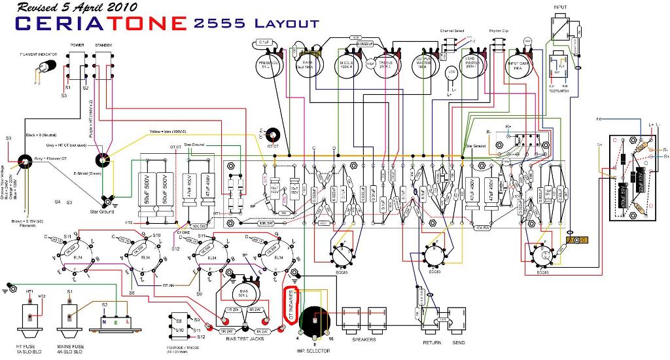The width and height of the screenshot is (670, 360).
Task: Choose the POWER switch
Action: pyautogui.click(x=77, y=65)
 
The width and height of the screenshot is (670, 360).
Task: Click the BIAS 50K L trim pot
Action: pyautogui.click(x=244, y=289)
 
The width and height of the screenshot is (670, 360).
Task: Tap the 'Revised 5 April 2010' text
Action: pyautogui.click(x=77, y=7)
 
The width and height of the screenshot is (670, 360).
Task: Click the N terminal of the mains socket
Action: pyautogui.click(x=105, y=321)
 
